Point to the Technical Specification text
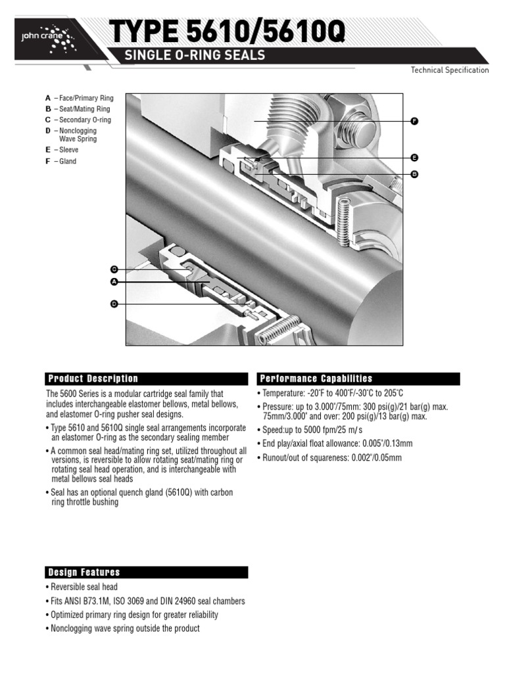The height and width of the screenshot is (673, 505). (x=449, y=70)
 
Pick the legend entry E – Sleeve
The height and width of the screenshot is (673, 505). (x=62, y=150)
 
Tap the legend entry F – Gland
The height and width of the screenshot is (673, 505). (x=60, y=161)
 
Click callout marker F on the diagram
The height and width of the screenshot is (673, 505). (x=414, y=122)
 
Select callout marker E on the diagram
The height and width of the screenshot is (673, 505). (x=414, y=158)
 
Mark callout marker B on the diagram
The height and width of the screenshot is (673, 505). (x=414, y=174)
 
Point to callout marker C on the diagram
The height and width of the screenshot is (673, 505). (x=114, y=269)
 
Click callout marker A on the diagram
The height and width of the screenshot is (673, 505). (x=114, y=282)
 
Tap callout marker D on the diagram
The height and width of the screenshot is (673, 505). (x=114, y=304)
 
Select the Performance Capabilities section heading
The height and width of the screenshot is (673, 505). (x=316, y=379)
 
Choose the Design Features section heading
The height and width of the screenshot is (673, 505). (x=84, y=572)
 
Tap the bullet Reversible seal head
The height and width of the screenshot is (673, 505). (x=82, y=587)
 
